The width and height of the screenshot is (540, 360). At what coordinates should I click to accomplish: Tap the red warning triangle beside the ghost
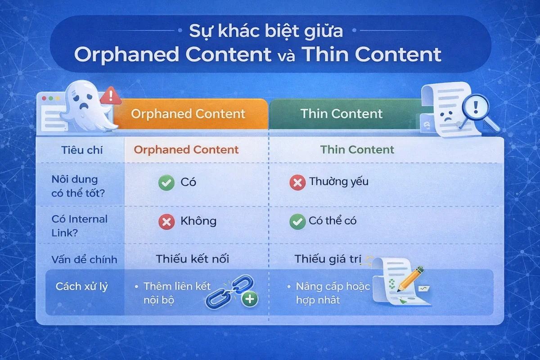(x=108, y=96)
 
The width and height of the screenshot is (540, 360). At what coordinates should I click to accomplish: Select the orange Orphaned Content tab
(x=189, y=114)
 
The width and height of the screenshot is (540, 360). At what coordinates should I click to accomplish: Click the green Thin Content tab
(x=342, y=114)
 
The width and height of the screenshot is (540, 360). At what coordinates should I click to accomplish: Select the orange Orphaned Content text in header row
(x=186, y=150)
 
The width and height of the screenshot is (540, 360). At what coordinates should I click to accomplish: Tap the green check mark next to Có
(x=166, y=183)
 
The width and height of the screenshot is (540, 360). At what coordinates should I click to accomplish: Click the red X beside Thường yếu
(x=297, y=183)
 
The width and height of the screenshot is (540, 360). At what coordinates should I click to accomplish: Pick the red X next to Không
(x=166, y=222)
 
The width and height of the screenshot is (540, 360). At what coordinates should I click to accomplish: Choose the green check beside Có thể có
(x=297, y=222)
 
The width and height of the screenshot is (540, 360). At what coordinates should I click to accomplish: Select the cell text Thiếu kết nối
(x=192, y=259)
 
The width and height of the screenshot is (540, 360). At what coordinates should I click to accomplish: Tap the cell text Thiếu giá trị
(x=328, y=259)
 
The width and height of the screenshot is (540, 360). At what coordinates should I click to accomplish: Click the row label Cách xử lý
(x=81, y=287)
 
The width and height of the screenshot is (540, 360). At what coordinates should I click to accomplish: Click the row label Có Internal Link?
(x=79, y=225)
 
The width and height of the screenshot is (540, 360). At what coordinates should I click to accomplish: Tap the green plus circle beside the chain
(x=250, y=299)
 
